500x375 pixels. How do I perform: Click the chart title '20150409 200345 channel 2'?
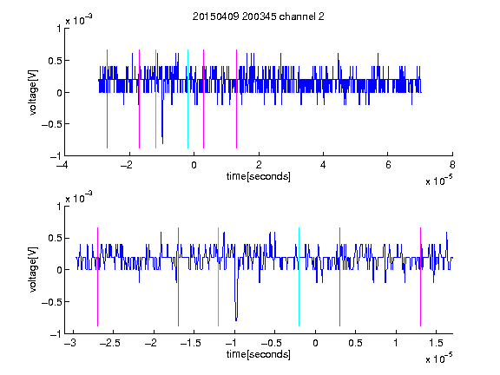pyautogui.click(x=259, y=16)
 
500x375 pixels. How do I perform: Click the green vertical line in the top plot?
pyautogui.click(x=155, y=99)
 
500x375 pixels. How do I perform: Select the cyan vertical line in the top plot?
pyautogui.click(x=187, y=99)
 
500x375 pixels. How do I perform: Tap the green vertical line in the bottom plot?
pyautogui.click(x=218, y=277)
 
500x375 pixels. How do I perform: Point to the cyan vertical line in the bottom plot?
pyautogui.click(x=299, y=277)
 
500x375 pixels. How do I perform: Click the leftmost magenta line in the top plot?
pyautogui.click(x=107, y=99)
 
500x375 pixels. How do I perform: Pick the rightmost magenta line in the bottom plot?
pyautogui.click(x=420, y=277)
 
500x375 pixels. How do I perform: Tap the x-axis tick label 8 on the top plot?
pyautogui.click(x=452, y=165)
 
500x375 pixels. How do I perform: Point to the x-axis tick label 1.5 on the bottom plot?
pyautogui.click(x=436, y=343)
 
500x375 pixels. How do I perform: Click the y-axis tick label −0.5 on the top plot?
pyautogui.click(x=51, y=124)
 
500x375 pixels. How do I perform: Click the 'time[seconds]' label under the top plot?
pyautogui.click(x=259, y=176)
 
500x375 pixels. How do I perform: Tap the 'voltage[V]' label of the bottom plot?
pyautogui.click(x=33, y=269)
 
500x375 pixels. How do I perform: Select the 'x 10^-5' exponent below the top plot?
pyautogui.click(x=438, y=181)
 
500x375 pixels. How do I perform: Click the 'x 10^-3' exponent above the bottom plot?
pyautogui.click(x=79, y=197)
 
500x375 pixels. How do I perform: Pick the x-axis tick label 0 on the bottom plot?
pyautogui.click(x=315, y=343)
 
